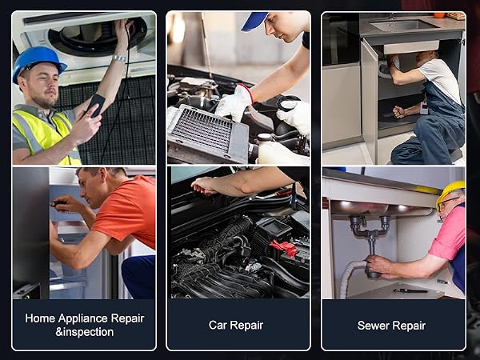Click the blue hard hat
(38, 62)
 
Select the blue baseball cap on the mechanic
(254, 21)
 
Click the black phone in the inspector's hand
(95, 105)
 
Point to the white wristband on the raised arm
(119, 58)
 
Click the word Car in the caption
(217, 325)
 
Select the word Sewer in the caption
(372, 326)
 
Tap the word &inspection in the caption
(85, 332)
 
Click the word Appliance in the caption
(82, 318)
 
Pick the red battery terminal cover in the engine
(284, 247)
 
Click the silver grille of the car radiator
(202, 130)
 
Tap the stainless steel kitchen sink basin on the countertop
(404, 25)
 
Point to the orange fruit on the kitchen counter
(439, 15)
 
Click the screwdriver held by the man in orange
(58, 203)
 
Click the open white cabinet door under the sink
(369, 101)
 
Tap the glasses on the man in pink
(447, 202)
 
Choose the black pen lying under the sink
(410, 291)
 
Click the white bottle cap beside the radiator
(265, 137)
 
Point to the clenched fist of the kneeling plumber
(399, 112)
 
